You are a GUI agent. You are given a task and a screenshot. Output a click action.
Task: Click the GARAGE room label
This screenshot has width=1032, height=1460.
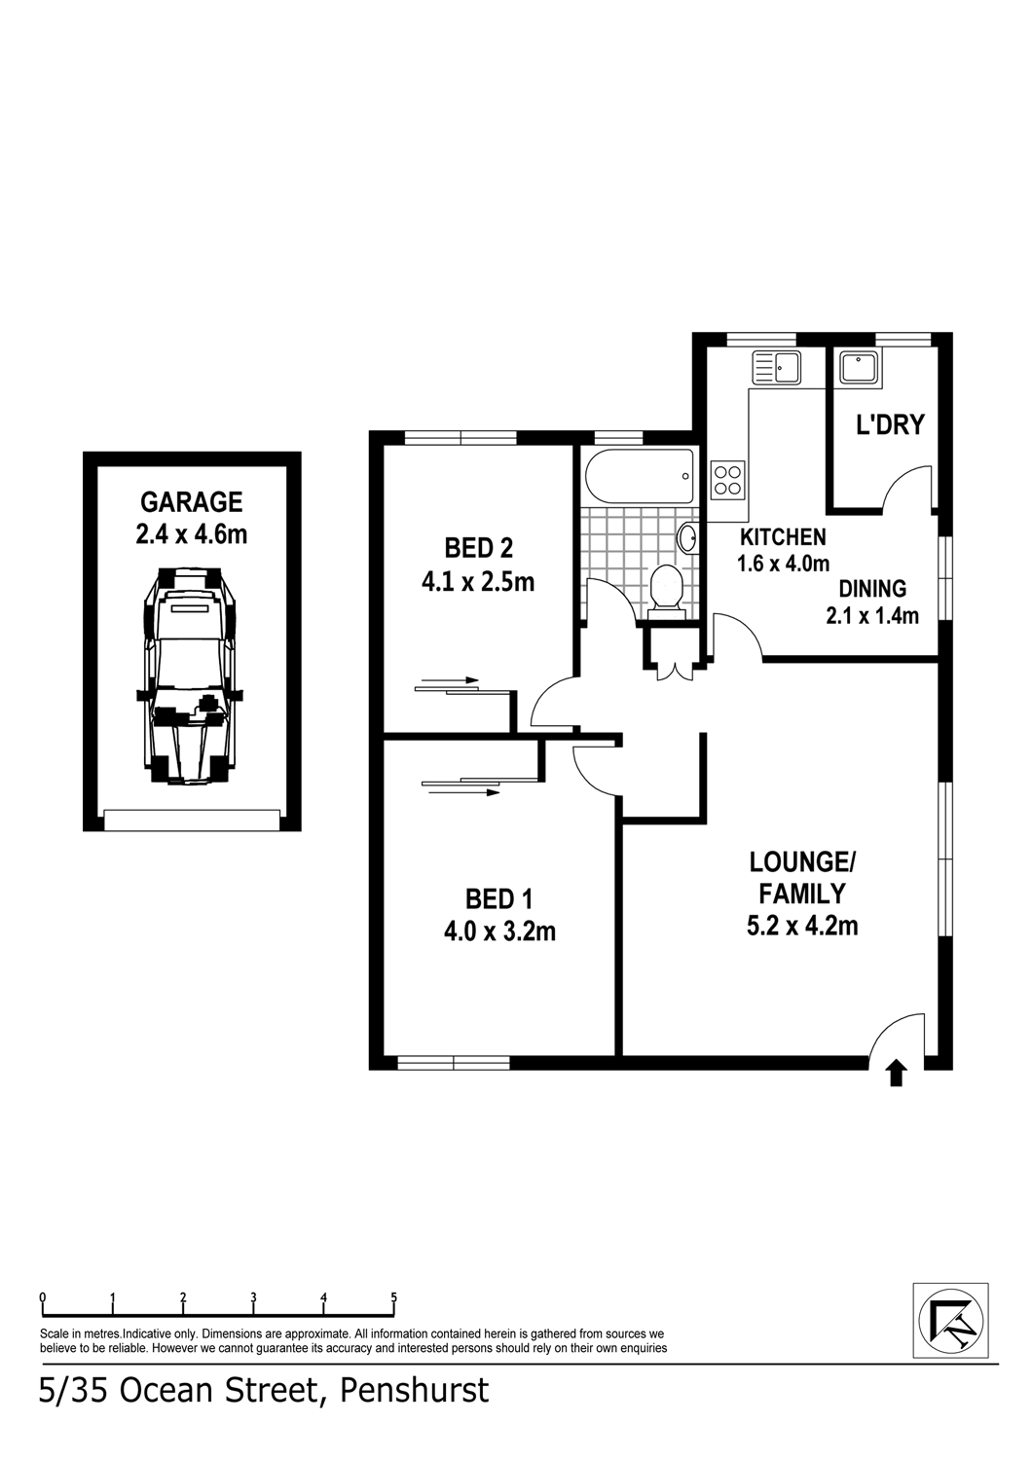192,501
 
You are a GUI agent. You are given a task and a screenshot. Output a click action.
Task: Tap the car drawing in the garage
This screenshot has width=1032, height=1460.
190,675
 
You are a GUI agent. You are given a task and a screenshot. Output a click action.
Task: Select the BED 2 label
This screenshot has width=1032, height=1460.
478,547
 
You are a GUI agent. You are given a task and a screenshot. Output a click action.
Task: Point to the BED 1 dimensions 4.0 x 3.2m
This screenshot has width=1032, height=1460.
499,931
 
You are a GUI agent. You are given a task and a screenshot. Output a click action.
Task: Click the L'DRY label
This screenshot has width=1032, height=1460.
890,425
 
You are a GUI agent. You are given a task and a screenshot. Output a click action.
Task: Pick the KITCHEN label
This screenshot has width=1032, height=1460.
783,536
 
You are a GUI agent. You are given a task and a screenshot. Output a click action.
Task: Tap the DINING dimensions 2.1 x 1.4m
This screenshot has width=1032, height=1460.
872,615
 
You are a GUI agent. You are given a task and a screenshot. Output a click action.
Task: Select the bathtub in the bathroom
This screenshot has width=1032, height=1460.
640,476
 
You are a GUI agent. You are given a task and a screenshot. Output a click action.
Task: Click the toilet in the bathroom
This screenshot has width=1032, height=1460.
666,590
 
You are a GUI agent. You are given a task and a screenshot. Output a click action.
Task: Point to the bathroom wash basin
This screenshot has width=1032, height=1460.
687,538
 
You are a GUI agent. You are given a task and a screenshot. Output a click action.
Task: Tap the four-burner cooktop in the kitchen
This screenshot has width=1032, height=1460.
727,480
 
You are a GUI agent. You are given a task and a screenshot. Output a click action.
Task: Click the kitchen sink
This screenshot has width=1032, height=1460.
776,367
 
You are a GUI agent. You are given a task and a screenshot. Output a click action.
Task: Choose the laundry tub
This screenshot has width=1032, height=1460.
858,367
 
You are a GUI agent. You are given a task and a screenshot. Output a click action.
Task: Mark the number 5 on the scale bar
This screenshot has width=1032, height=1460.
393,1296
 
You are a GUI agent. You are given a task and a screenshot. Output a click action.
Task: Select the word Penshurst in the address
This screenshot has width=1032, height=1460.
415,1389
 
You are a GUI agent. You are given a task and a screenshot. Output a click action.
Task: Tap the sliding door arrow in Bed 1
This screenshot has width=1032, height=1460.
461,792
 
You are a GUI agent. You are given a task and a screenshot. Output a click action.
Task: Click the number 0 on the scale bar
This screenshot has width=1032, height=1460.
43,1296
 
